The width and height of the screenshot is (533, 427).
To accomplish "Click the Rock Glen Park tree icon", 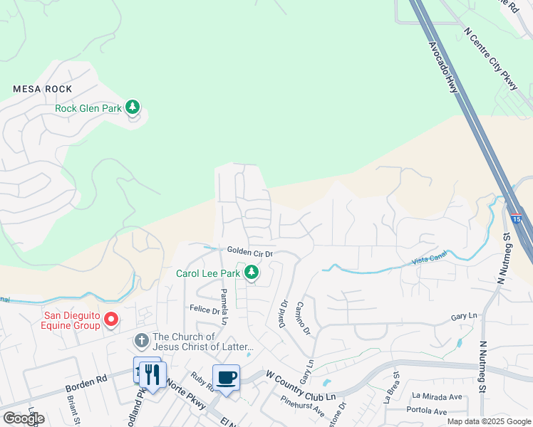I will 132,107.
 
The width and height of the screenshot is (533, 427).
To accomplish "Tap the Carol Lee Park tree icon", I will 251,272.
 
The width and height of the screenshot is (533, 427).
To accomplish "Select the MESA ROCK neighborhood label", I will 43,89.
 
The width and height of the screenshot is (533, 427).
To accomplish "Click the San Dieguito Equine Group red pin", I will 110,320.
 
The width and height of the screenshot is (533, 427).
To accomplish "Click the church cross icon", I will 142,340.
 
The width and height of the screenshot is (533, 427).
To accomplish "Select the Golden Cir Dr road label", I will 250,251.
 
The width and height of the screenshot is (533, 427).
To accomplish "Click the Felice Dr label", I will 204,310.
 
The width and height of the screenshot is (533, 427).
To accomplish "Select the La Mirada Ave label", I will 437,397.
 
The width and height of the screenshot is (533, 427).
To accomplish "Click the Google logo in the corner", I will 24,418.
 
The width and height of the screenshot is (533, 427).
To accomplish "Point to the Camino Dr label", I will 301,317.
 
